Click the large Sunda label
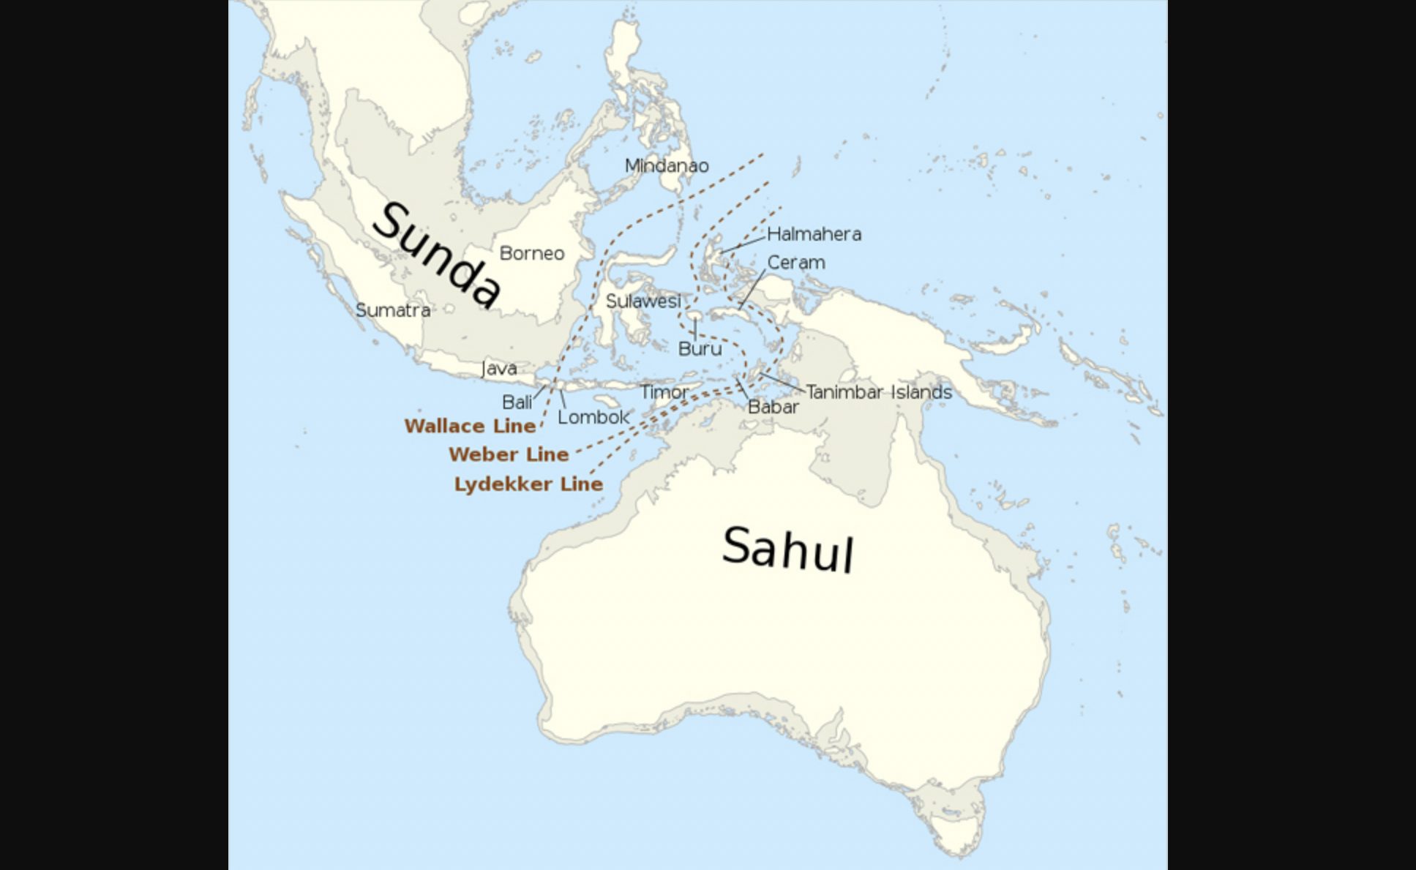[x=438, y=255]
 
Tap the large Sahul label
[x=788, y=549]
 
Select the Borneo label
[x=532, y=253]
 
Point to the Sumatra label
[x=393, y=310]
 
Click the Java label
[x=500, y=369]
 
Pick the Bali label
[x=517, y=402]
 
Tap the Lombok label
[x=593, y=417]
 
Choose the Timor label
[x=664, y=392]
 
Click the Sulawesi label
[x=643, y=301]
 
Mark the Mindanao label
[x=667, y=166]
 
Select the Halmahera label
[x=814, y=234]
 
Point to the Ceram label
[x=796, y=262]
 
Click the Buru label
[x=700, y=349]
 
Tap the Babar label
[x=773, y=407]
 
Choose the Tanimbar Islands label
[x=879, y=392]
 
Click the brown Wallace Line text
[x=470, y=426]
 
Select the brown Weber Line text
[x=509, y=454]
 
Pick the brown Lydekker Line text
[x=528, y=484]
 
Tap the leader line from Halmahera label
[x=743, y=244]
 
